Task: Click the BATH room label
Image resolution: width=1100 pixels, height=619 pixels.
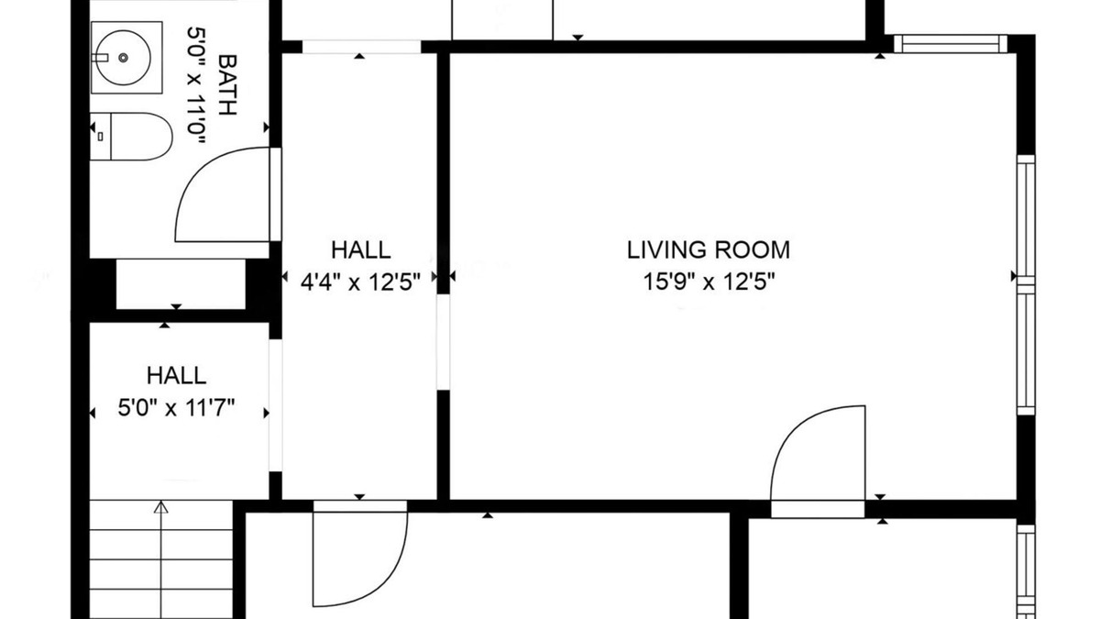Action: pyautogui.click(x=227, y=85)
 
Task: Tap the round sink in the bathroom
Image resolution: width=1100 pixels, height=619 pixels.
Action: pyautogui.click(x=123, y=58)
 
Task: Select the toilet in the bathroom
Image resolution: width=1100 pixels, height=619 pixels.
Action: pyautogui.click(x=131, y=137)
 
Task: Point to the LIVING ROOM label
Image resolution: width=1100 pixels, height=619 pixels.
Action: pyautogui.click(x=708, y=250)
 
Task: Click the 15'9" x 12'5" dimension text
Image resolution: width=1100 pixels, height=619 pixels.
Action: pyautogui.click(x=709, y=282)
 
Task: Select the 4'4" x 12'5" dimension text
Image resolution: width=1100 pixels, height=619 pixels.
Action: pyautogui.click(x=360, y=282)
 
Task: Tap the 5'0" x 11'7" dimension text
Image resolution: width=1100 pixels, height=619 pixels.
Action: pyautogui.click(x=176, y=408)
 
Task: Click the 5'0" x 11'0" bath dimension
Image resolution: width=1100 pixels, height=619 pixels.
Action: pyautogui.click(x=196, y=85)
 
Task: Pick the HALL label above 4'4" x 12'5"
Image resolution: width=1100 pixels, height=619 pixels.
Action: pyautogui.click(x=361, y=250)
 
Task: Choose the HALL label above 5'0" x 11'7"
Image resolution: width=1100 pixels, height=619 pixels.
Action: pyautogui.click(x=176, y=376)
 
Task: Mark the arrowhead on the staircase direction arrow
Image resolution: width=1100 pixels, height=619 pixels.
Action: pyautogui.click(x=160, y=507)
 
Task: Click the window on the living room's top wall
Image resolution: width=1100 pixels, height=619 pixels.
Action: pyautogui.click(x=951, y=44)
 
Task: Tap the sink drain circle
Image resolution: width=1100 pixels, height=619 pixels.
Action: pyautogui.click(x=123, y=58)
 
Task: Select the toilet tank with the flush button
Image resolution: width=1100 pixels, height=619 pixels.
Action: pyautogui.click(x=101, y=137)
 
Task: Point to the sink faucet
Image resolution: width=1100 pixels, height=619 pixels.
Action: pyautogui.click(x=100, y=58)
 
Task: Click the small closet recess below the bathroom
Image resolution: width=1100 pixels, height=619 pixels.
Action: pyautogui.click(x=181, y=284)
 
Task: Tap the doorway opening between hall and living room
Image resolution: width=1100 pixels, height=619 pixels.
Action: pyautogui.click(x=443, y=342)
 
